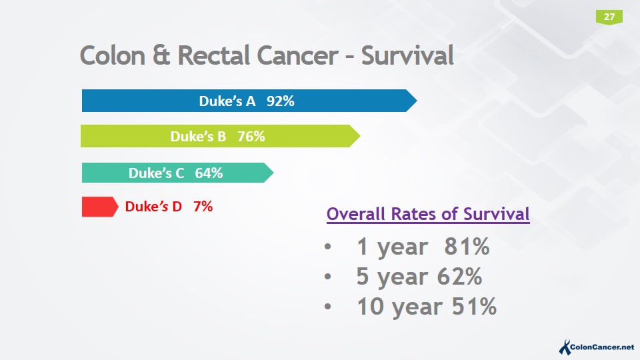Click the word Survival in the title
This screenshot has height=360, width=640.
[407, 55]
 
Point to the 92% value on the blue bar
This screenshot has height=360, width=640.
[281, 101]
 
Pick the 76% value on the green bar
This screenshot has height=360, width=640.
[251, 137]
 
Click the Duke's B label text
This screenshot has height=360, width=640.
[198, 137]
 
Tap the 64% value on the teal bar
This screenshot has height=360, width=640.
[209, 173]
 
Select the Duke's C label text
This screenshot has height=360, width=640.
[156, 173]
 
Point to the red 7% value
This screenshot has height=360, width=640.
[203, 207]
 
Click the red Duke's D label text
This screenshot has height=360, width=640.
[153, 207]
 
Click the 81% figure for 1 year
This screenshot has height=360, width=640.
[467, 247]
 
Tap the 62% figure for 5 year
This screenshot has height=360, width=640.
[459, 277]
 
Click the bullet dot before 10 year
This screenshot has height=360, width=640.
[327, 307]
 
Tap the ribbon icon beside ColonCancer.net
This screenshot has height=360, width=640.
[564, 345]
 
